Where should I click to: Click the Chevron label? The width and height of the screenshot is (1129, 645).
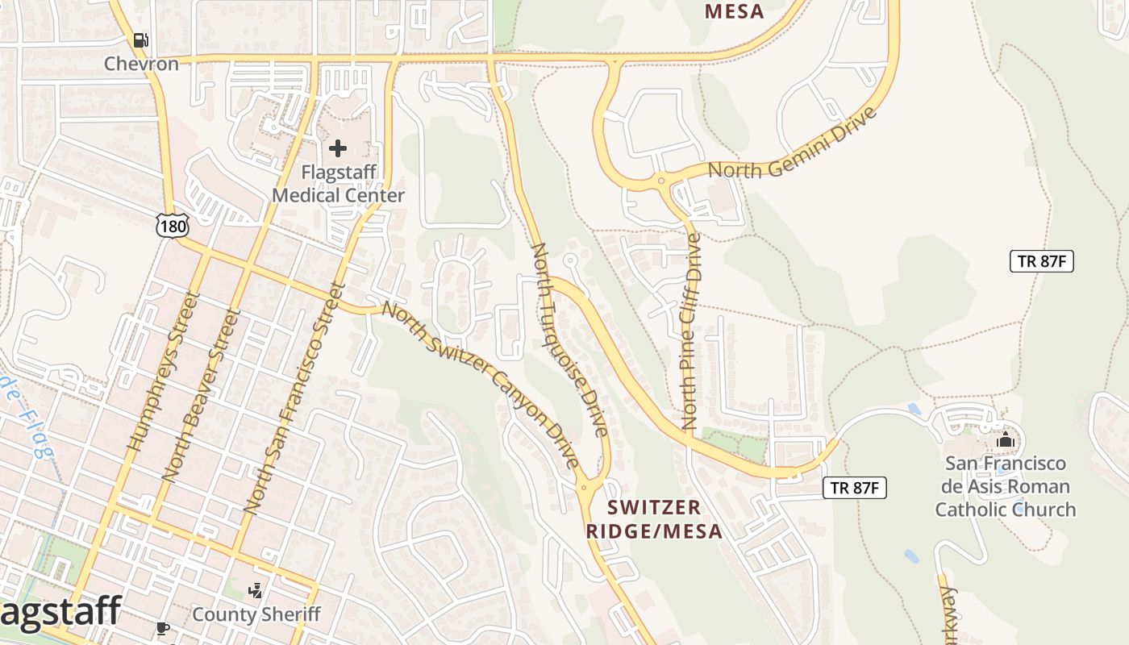141,64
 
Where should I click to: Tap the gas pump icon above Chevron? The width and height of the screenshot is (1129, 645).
141,40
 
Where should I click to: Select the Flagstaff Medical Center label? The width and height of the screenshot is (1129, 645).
338,184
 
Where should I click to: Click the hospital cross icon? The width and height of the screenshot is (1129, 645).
338,148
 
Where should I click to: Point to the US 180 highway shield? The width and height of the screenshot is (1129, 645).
173,226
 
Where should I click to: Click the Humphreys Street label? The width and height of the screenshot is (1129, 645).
161,371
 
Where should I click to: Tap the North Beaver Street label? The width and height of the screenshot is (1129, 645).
201,394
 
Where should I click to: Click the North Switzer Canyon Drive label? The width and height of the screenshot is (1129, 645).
481,384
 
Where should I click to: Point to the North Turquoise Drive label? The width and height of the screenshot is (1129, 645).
569,339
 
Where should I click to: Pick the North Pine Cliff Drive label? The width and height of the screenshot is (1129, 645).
691,331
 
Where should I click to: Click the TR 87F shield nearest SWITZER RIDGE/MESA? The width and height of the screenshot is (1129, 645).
855,488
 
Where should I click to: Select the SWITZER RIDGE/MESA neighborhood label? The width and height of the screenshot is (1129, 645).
654,519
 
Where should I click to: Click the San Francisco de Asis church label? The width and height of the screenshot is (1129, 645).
1005,486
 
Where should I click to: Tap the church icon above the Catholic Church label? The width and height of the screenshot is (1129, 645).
1005,440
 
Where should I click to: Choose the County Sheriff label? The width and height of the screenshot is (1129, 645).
256,614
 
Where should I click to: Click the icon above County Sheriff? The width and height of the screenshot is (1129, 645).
256,591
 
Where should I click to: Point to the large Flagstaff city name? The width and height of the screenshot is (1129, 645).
60,611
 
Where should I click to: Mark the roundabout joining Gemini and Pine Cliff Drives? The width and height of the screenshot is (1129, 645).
661,181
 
